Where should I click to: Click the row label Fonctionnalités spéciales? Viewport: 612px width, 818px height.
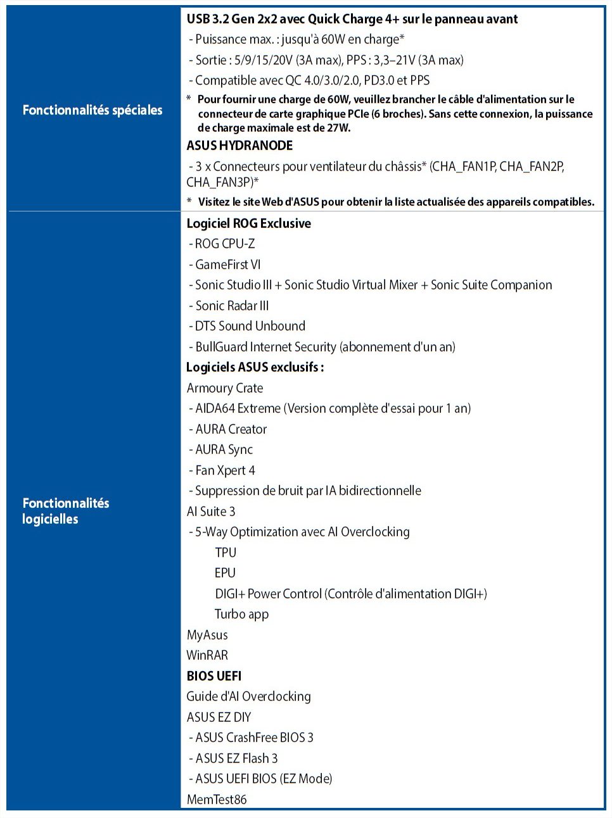(x=92, y=110)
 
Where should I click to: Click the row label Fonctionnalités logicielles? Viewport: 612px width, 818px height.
(x=65, y=511)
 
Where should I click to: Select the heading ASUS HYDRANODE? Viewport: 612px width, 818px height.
(x=239, y=146)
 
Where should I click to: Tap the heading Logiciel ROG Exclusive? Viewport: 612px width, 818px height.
(x=248, y=223)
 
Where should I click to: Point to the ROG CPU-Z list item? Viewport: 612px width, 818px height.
(x=225, y=244)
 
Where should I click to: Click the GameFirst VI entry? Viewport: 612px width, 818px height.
(x=227, y=265)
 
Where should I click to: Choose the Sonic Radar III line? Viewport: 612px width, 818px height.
(x=232, y=306)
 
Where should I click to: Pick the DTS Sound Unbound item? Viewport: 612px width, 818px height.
(x=250, y=326)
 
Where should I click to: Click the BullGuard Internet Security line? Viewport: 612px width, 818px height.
(x=325, y=347)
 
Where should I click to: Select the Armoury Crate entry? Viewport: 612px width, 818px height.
(x=225, y=388)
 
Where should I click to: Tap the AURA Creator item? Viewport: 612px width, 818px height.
(x=231, y=429)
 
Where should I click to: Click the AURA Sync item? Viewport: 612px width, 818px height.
(x=224, y=450)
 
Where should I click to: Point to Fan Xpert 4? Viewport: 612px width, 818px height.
(x=225, y=470)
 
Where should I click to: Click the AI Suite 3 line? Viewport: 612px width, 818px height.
(x=211, y=512)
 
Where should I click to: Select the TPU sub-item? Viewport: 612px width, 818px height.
(x=226, y=553)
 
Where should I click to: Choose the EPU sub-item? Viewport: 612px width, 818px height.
(x=225, y=573)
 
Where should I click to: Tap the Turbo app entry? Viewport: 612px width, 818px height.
(x=241, y=614)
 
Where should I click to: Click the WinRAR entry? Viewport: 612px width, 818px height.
(x=207, y=655)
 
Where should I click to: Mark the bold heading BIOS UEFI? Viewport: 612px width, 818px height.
(x=214, y=676)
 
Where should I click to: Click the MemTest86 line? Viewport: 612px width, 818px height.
(x=217, y=800)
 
